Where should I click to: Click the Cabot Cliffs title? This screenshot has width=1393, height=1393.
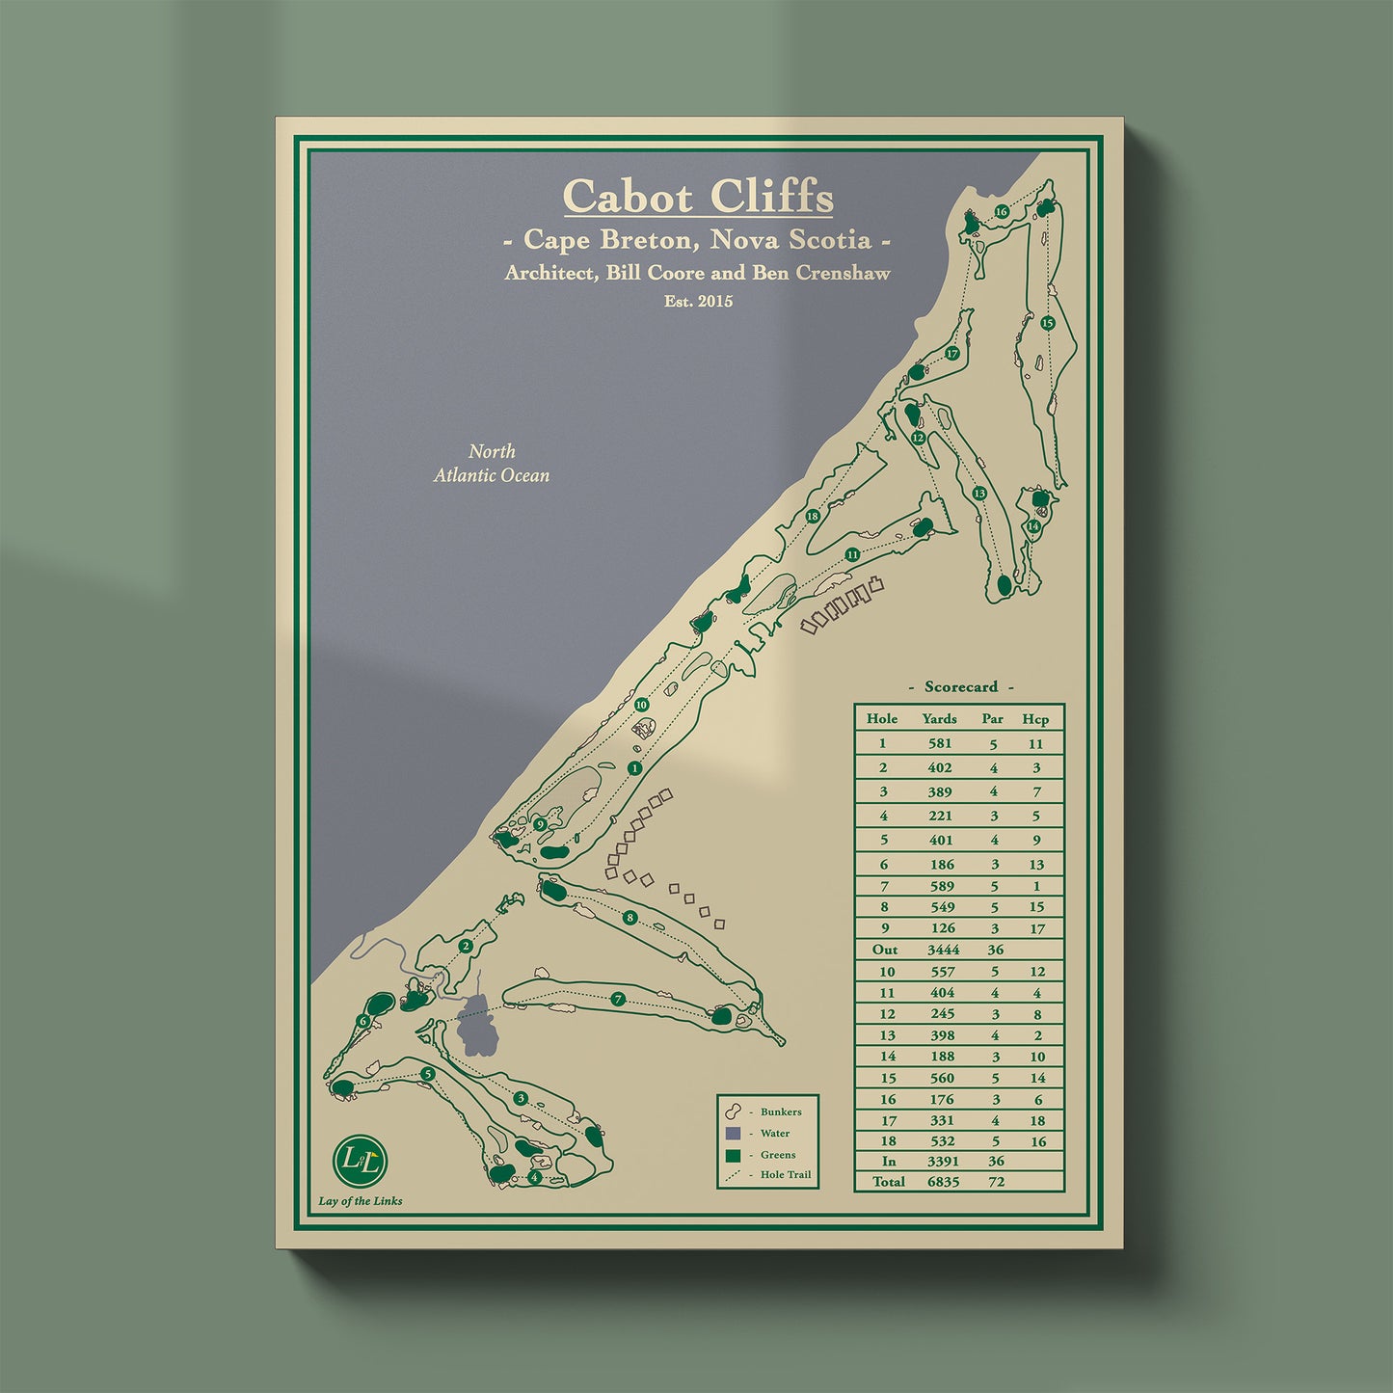tap(698, 197)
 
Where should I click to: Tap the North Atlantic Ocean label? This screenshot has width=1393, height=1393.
tap(492, 463)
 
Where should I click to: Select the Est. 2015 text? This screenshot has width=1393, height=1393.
tap(698, 301)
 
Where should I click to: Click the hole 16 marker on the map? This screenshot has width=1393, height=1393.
tap(1002, 212)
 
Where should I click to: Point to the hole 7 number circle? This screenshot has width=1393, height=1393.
tap(618, 1000)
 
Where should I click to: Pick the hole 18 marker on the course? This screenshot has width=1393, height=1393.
tap(813, 517)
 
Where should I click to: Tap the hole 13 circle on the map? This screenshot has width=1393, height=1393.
tap(979, 494)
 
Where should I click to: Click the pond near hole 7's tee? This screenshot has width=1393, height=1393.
tap(478, 1026)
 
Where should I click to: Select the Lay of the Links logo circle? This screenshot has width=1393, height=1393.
tap(361, 1161)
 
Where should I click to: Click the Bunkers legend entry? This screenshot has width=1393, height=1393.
tap(780, 1112)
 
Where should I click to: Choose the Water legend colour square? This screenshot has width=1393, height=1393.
tap(734, 1134)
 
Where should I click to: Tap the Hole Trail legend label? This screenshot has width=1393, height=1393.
tap(785, 1174)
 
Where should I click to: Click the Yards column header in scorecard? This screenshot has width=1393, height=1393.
tap(939, 718)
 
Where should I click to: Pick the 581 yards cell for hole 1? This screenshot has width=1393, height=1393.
tap(939, 743)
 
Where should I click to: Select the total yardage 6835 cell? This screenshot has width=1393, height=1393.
tap(942, 1181)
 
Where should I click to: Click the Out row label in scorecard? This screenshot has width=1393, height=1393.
tap(884, 950)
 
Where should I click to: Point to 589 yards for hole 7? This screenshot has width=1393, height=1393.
tap(942, 886)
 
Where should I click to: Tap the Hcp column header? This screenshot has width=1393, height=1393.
tap(1035, 718)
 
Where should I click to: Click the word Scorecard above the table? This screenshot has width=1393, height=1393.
tap(960, 686)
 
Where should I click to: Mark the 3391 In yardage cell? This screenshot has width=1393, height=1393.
tap(942, 1161)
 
